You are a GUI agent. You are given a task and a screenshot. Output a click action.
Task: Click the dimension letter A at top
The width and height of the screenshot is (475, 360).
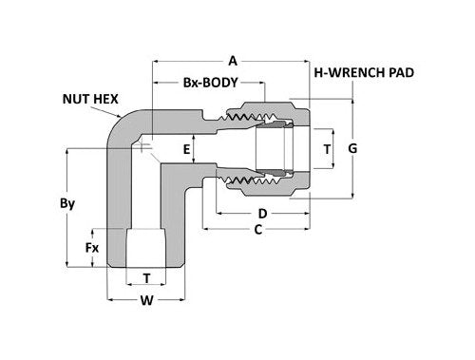click(233, 61)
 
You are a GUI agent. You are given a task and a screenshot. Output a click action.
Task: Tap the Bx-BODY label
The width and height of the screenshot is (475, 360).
click(210, 83)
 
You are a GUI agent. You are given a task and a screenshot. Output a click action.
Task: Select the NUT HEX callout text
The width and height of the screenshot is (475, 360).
click(90, 99)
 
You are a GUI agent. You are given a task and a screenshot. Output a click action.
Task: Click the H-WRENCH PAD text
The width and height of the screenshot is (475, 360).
click(364, 73)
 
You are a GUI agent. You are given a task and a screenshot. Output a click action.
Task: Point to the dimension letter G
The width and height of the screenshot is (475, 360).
click(352, 148)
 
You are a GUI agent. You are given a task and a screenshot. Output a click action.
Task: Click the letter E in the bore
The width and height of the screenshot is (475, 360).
click(187, 149)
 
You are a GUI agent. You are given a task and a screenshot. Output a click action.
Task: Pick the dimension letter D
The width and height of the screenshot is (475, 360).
click(262, 214)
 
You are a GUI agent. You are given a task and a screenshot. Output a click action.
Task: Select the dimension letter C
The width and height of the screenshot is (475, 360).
click(258, 230)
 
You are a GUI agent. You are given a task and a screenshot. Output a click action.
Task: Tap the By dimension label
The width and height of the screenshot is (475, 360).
click(67, 203)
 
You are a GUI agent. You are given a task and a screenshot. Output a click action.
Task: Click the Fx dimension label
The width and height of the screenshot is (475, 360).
click(92, 248)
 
